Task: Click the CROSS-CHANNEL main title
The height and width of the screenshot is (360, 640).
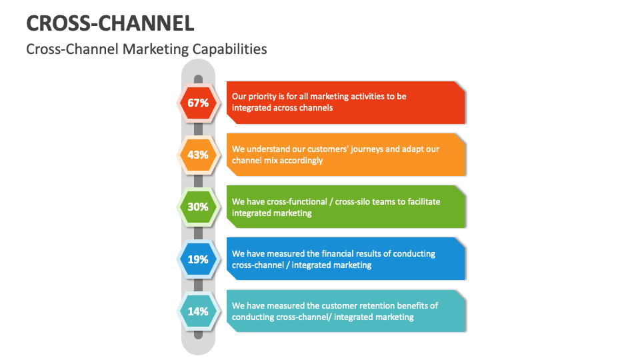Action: pos(110,23)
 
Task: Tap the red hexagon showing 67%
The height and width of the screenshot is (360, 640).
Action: pos(198,103)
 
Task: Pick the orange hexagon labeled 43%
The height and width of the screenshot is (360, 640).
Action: pos(198,155)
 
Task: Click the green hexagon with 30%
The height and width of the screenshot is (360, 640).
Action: pos(198,207)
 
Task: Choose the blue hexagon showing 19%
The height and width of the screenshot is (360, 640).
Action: pos(198,259)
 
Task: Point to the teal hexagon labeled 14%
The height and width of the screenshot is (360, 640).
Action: pos(198,311)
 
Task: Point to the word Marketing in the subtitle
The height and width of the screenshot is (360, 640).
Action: pos(157,49)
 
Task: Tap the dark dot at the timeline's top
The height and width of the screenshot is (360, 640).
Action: pos(198,79)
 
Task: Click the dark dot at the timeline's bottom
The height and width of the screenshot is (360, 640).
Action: pos(198,334)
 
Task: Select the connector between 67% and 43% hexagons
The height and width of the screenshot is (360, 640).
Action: pos(198,129)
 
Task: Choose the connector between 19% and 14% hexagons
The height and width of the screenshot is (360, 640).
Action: pos(198,285)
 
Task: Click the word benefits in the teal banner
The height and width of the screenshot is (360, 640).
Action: pos(419,305)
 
